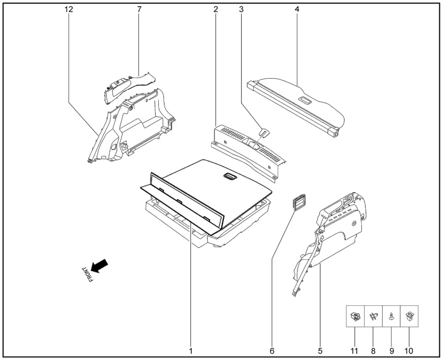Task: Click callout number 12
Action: click(68, 9)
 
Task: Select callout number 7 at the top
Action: click(139, 9)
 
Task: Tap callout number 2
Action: click(216, 9)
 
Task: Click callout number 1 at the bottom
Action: click(190, 351)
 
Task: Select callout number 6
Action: click(272, 351)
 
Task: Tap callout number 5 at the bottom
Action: click(320, 351)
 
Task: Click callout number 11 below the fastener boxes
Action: click(354, 351)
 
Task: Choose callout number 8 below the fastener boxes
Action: click(373, 351)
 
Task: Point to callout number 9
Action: click(392, 351)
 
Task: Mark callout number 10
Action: click(409, 351)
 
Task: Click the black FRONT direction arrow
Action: click(100, 266)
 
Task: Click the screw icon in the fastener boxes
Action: click(391, 316)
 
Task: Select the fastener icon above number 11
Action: click(355, 316)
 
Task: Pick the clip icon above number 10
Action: click(409, 316)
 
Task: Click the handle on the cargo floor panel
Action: click(231, 176)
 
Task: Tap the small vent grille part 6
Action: click(299, 202)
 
